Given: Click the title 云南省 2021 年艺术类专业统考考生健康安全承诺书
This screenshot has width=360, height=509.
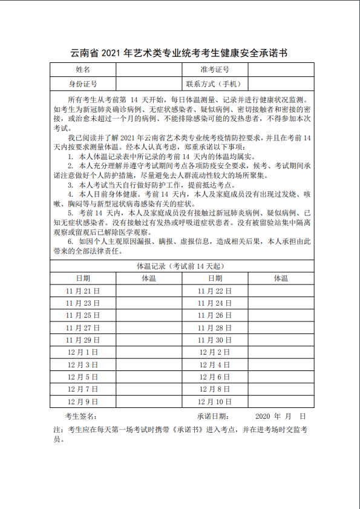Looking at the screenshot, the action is (180, 53).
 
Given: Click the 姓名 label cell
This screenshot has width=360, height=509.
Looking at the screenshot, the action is (83, 70).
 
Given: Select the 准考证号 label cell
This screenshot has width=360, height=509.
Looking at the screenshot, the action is (215, 70).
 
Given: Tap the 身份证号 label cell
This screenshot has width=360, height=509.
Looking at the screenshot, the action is (83, 84).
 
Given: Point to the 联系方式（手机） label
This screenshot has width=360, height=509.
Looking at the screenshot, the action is (215, 84).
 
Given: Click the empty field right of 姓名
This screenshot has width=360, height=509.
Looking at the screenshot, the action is (149, 70).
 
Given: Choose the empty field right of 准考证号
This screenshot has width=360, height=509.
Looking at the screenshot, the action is (281, 70).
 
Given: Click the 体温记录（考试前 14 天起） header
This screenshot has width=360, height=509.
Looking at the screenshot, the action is (182, 266).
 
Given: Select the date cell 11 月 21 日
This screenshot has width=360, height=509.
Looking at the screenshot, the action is (83, 291).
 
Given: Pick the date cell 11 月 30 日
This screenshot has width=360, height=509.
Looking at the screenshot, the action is (215, 340).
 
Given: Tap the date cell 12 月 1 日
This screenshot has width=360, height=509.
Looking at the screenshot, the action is (83, 352).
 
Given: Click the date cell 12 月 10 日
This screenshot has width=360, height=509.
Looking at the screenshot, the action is (215, 401).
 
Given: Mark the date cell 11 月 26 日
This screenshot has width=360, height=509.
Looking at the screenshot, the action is (215, 315).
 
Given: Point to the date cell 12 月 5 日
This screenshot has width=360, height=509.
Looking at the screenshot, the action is (83, 376).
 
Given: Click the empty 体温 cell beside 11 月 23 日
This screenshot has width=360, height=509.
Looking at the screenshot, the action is (149, 303).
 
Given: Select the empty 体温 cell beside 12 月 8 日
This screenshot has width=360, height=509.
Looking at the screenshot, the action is (281, 389).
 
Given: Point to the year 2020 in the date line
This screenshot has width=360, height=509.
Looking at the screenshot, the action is (264, 416).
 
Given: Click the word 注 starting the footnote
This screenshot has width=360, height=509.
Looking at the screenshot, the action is (57, 430).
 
